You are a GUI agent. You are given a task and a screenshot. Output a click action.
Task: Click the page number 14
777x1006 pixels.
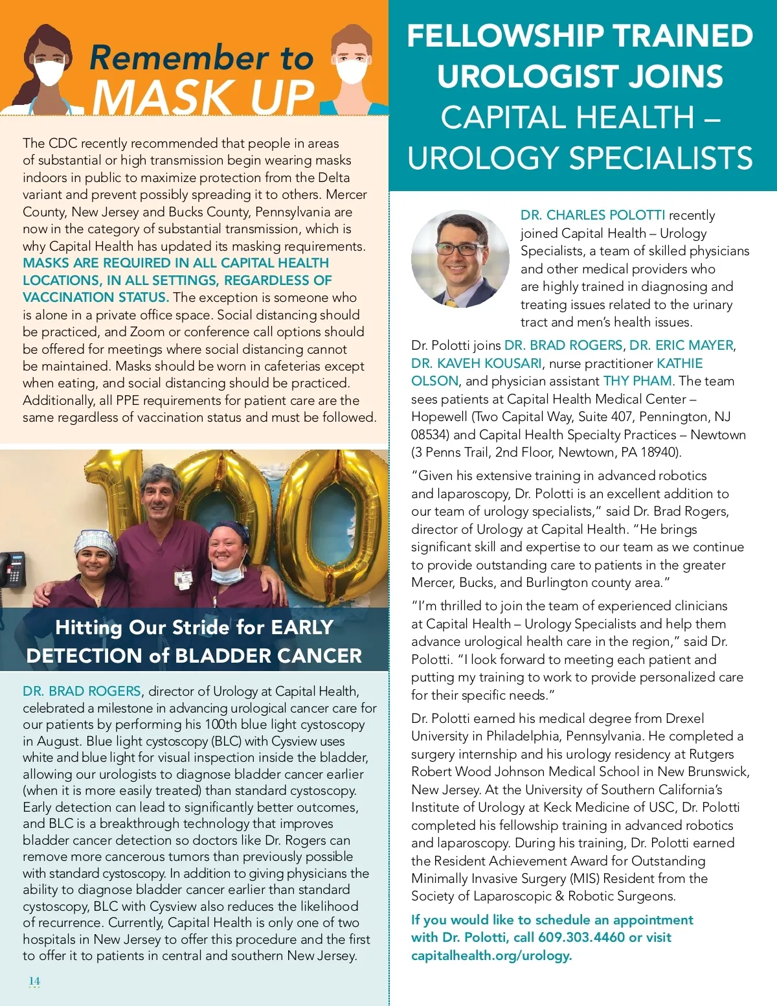click(x=34, y=981)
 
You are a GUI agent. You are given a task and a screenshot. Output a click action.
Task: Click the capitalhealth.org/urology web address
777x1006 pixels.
click(x=491, y=955)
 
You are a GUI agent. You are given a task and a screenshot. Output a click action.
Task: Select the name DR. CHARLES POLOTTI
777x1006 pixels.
click(x=592, y=215)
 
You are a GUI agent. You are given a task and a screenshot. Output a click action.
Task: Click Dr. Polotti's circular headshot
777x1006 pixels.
click(x=460, y=258)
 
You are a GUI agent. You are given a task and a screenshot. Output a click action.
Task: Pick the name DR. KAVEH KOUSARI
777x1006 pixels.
click(x=476, y=363)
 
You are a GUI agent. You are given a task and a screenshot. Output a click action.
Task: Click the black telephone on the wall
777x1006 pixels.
click(x=13, y=569)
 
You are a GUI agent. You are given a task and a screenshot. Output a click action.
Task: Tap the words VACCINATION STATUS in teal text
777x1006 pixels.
click(x=96, y=297)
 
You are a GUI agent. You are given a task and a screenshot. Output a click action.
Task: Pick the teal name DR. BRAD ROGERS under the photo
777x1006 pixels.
click(x=82, y=691)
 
